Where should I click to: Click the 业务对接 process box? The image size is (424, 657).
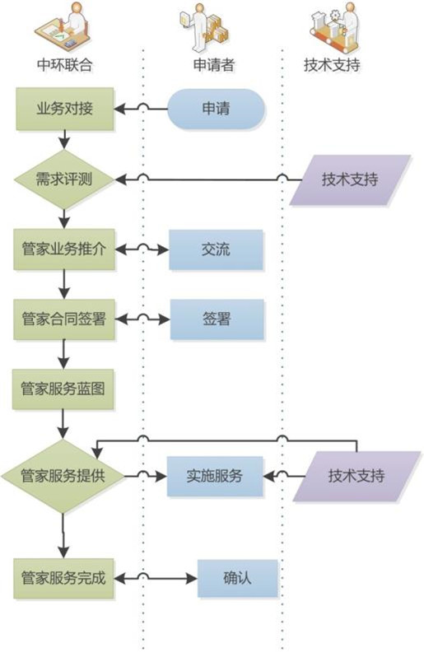(x=65, y=109)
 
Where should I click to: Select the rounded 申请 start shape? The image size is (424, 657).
(x=217, y=109)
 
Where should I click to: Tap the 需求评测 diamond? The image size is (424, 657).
(x=64, y=179)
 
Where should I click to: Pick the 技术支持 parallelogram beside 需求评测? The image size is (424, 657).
(x=350, y=179)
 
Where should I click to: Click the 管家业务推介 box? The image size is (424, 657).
(x=64, y=249)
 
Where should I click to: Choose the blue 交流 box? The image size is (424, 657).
(x=216, y=249)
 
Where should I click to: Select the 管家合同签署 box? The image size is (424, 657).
(x=64, y=319)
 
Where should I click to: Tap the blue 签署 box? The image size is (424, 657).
(x=217, y=319)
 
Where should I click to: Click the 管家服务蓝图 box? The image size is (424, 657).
(x=63, y=389)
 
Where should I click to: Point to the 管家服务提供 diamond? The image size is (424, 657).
(x=63, y=477)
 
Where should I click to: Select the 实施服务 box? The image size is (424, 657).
(x=215, y=477)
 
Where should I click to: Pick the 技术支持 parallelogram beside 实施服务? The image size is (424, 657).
(x=356, y=477)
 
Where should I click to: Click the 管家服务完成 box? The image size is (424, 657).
(x=63, y=578)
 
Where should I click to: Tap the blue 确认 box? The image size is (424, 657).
(x=238, y=578)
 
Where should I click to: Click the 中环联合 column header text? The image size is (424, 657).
(x=65, y=64)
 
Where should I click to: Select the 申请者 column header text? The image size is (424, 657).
(x=214, y=64)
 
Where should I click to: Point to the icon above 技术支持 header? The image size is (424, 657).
(x=335, y=26)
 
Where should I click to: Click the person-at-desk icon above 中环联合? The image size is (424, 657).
(x=63, y=26)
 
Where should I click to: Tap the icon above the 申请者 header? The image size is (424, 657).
(x=204, y=26)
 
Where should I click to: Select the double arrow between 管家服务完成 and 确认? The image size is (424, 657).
(x=156, y=579)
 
